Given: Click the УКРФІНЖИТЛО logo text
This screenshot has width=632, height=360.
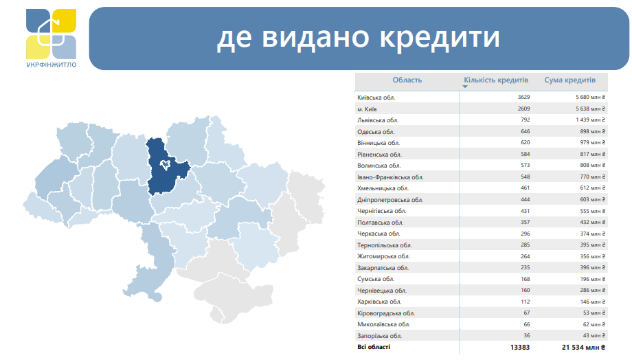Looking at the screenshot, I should click(52, 65).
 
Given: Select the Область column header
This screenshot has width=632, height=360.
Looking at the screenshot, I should click(407, 80).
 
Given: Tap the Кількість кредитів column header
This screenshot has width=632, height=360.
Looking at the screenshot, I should click(495, 80).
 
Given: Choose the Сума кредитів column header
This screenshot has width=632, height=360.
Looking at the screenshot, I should click(569, 80).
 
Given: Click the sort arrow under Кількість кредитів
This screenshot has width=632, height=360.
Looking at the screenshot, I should click(465, 88).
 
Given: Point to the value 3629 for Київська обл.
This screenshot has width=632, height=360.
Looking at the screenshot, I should click(523, 98).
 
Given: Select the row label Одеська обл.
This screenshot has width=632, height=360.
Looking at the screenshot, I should click(376, 131).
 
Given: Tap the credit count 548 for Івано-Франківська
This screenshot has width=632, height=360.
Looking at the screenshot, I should click(525, 177).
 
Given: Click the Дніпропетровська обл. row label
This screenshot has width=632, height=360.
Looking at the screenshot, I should click(390, 199).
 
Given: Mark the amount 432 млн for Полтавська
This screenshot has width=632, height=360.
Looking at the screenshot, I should click(590, 222).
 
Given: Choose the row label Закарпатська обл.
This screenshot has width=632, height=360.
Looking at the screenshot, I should click(383, 267).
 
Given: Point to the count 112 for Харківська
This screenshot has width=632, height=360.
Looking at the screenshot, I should click(525, 302).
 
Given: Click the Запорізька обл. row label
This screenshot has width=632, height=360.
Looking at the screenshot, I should click(379, 336).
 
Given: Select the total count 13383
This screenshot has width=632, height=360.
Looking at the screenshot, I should click(520, 348).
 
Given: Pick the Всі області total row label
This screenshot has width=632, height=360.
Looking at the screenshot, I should click(374, 348).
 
